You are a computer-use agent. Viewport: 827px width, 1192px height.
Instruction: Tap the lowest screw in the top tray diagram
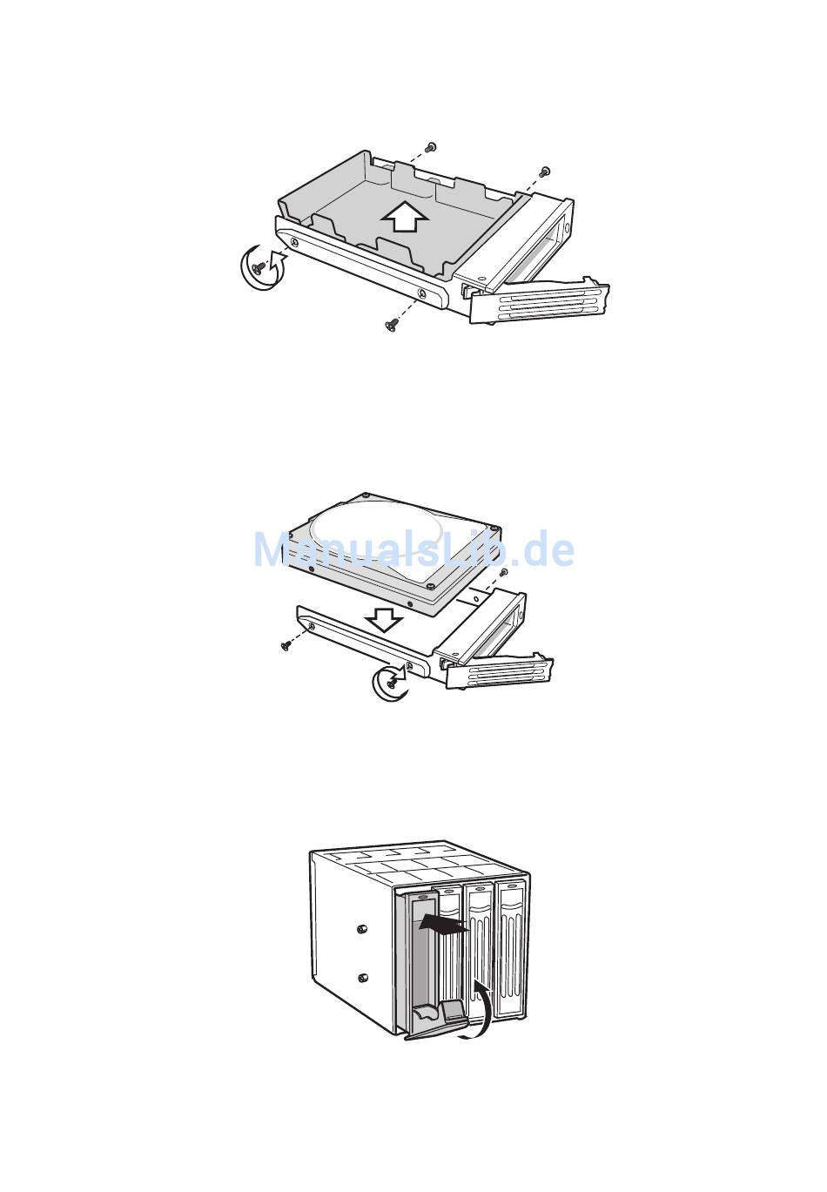click(392, 325)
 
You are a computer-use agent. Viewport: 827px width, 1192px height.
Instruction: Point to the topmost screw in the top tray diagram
click(432, 145)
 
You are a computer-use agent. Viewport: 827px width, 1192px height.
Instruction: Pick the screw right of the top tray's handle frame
click(544, 172)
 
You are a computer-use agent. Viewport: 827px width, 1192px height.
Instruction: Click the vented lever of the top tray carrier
click(540, 300)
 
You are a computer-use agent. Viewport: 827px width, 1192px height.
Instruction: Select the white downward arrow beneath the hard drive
click(384, 621)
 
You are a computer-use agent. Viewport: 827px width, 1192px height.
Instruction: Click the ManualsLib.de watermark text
click(414, 549)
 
